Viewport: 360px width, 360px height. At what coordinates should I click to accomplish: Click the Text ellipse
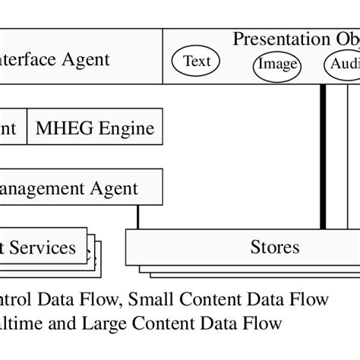pos(197,62)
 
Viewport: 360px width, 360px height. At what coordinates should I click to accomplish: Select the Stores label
pos(274,247)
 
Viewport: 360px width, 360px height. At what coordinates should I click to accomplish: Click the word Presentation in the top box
pos(278,39)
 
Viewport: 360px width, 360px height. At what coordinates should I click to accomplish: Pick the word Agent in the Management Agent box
pos(114,188)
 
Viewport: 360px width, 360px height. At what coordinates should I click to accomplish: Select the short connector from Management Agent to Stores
pos(137,217)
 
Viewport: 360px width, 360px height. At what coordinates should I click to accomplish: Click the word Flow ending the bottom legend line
pos(261,324)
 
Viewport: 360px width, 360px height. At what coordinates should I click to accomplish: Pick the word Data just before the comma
pos(80,299)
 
